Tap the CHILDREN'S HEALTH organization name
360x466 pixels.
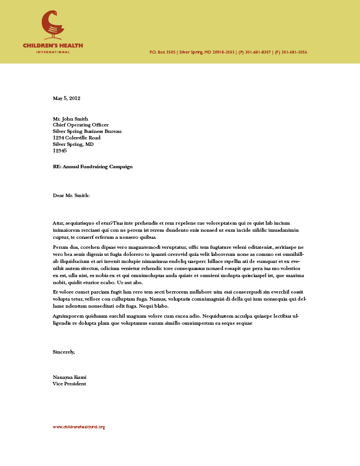click(53, 45)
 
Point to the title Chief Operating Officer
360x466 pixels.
click(81, 125)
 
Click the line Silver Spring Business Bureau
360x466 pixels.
click(87, 131)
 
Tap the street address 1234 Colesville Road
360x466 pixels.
click(81, 138)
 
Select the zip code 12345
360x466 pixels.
click(59, 151)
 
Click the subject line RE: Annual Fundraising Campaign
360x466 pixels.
click(92, 167)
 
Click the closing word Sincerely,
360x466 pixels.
click(64, 352)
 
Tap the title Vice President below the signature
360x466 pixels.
click(69, 384)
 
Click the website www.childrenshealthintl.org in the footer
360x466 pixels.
click(79, 427)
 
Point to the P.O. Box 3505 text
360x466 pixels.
click(163, 52)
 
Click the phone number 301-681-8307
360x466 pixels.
click(258, 52)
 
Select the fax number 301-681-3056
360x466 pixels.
click(294, 52)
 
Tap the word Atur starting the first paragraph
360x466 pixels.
click(58, 224)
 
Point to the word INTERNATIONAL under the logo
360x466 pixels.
click(53, 52)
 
